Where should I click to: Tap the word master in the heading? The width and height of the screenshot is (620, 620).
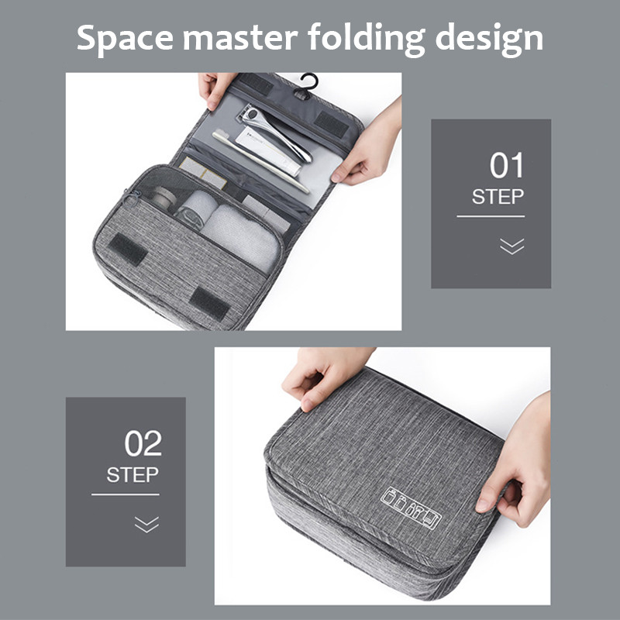(240, 38)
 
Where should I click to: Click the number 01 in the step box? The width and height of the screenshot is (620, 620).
(507, 165)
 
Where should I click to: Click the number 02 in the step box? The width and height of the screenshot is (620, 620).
(143, 443)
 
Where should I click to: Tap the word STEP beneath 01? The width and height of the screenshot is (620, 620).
(498, 197)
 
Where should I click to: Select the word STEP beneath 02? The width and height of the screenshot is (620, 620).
(133, 475)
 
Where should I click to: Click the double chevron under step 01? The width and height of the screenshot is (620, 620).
(511, 246)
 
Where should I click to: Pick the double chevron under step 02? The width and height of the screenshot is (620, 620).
(146, 525)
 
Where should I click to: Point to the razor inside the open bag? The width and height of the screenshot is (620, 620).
(276, 133)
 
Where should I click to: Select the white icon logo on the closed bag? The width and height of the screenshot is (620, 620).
(412, 508)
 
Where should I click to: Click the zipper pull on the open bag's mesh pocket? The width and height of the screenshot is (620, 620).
(132, 198)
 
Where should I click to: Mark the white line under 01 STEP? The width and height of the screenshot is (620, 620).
(491, 216)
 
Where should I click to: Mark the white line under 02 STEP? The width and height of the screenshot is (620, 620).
(126, 494)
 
